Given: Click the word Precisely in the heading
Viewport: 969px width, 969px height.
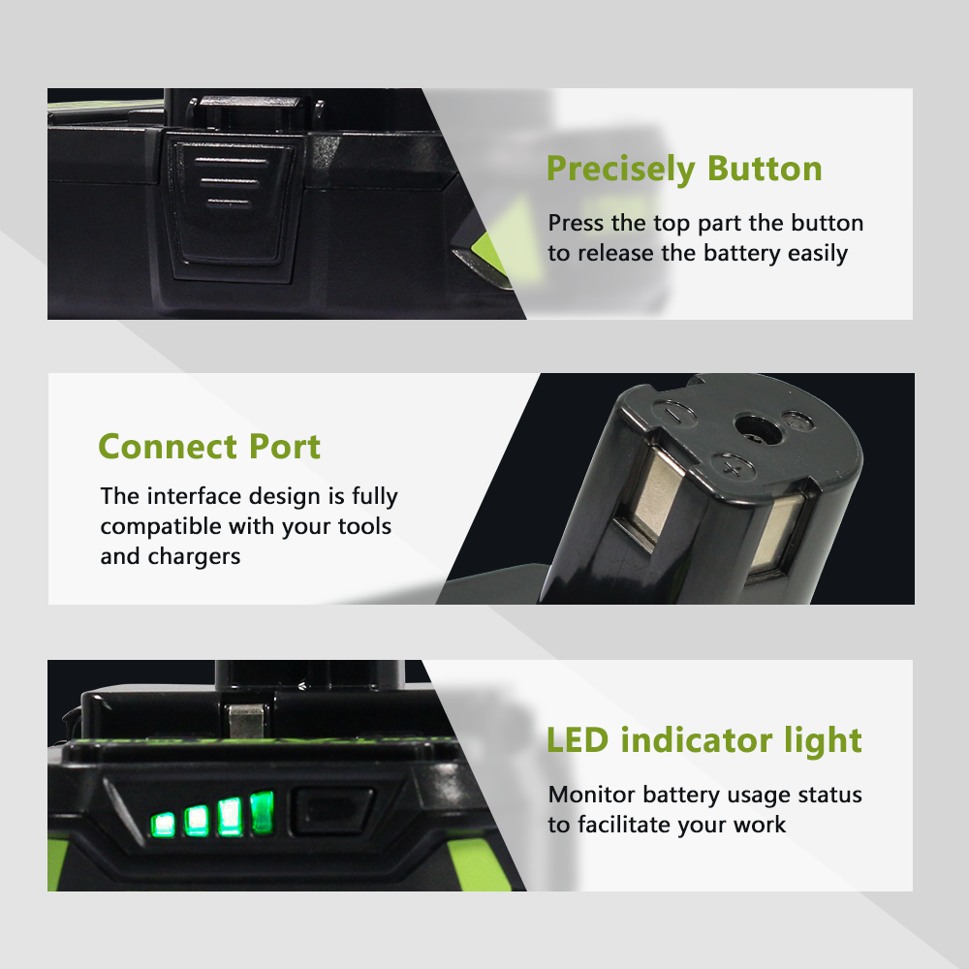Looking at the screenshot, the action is [621, 170].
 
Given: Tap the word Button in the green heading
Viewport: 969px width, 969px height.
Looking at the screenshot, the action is [766, 168].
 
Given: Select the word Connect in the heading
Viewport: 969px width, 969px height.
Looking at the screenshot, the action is [168, 446].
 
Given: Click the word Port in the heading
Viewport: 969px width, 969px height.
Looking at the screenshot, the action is [285, 446].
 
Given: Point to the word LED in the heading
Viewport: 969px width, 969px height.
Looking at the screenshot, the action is [578, 739].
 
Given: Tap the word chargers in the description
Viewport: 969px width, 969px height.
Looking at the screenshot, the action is [194, 557].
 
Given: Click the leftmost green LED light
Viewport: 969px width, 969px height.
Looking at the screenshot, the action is [163, 825].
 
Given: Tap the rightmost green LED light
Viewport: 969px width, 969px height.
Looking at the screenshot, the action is [262, 811].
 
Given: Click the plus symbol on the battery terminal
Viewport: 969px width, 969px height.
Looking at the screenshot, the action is [733, 468].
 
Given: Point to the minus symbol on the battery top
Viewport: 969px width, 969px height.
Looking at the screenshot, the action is [673, 413].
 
